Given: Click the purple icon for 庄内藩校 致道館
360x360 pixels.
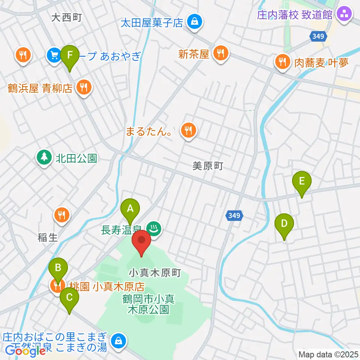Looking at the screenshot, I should [344, 15].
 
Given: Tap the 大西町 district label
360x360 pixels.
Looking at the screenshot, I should [66, 18].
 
